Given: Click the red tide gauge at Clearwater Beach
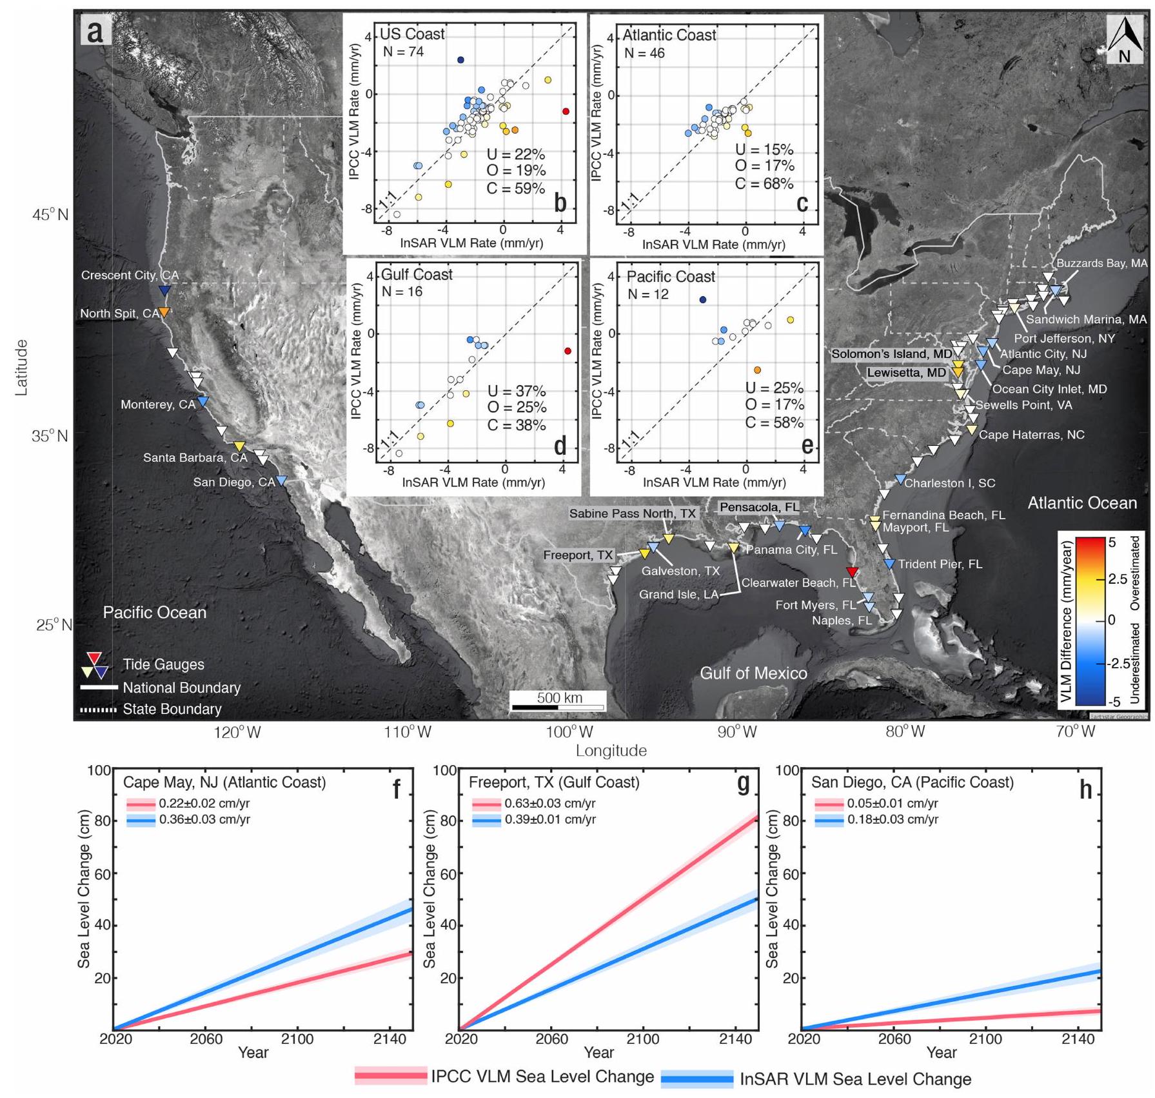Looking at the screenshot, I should [852, 572].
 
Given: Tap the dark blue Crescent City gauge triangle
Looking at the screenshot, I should [164, 291].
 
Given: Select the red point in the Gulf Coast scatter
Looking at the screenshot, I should [568, 351].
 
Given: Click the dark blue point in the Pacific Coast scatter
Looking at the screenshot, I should [703, 299].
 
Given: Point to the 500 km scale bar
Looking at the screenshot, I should [558, 707].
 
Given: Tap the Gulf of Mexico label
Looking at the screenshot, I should [753, 673].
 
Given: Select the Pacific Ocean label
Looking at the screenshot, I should [155, 612].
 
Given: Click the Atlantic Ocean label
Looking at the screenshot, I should [1081, 503].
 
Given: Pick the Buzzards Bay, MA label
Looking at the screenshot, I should [1101, 263].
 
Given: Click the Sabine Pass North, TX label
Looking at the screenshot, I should [633, 514].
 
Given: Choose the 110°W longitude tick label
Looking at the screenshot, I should [408, 732].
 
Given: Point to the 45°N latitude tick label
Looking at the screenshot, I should [50, 215].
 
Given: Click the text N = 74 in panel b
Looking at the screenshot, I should [403, 52].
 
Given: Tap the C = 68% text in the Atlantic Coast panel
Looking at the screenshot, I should [764, 184].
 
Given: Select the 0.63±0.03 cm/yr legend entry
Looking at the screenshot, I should [549, 804].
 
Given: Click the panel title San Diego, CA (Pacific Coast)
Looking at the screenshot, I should [912, 783].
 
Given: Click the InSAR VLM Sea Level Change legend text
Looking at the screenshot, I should [855, 1079].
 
